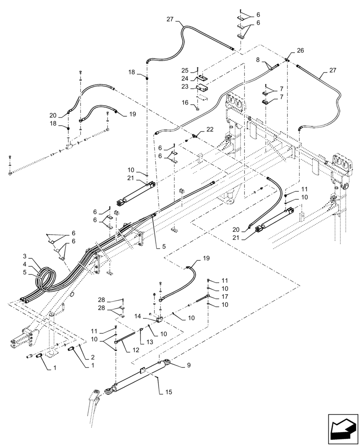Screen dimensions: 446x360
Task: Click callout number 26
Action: click(300, 50)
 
